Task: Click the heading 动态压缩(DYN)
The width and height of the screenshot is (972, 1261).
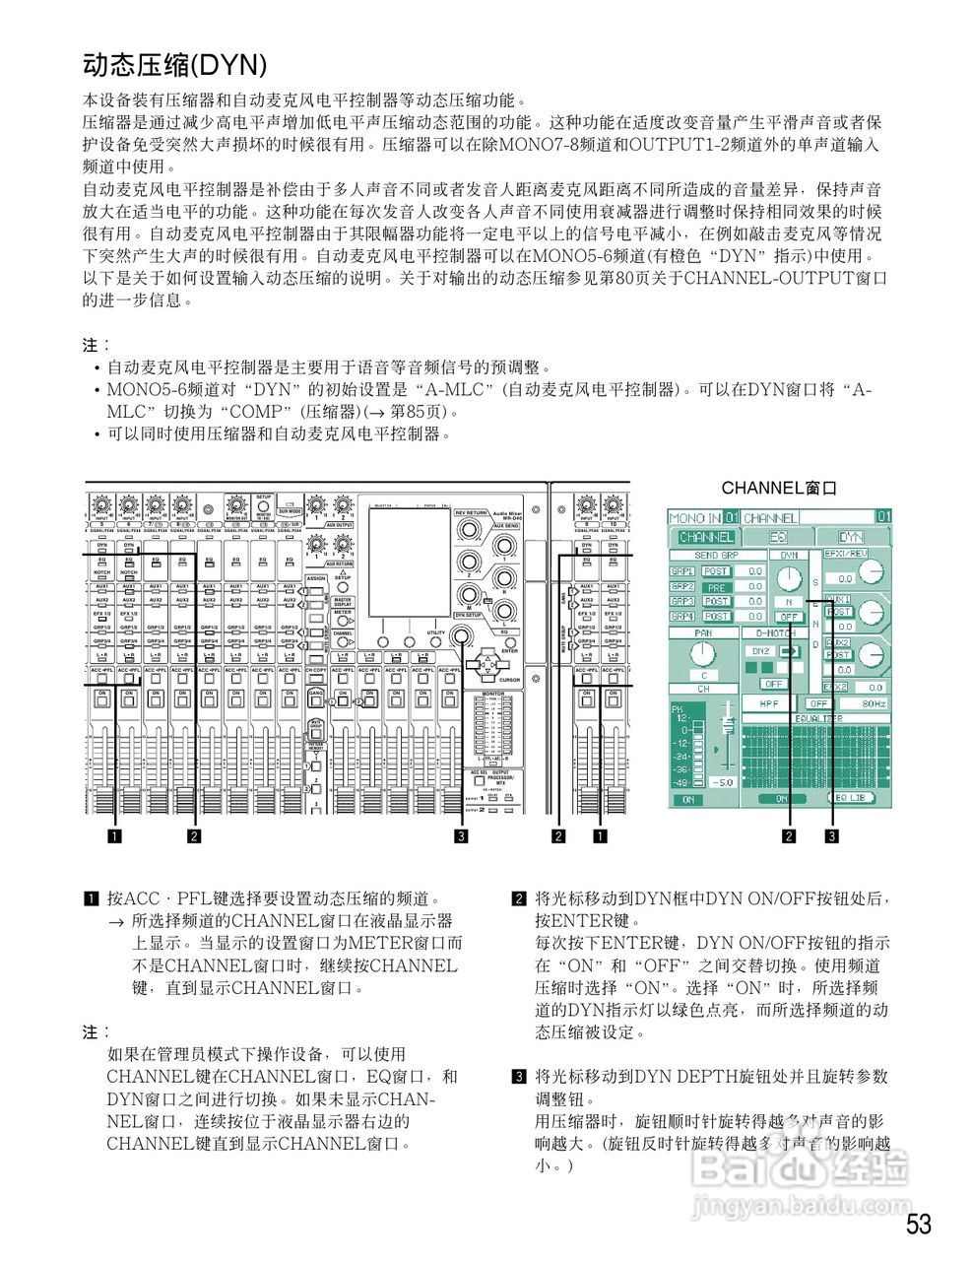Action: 174,65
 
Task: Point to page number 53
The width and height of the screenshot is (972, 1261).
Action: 918,1224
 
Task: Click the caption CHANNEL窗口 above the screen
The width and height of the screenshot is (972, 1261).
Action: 778,488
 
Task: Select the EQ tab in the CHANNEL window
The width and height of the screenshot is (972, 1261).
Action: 778,537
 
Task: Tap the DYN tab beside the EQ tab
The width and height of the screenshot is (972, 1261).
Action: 851,537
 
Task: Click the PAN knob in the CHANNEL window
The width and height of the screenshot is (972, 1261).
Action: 702,653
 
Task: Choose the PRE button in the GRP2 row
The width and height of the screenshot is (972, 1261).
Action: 716,586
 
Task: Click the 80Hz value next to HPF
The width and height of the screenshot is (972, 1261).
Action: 874,703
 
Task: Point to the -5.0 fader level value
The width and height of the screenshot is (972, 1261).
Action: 724,781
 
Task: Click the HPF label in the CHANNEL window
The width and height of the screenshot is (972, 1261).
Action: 769,703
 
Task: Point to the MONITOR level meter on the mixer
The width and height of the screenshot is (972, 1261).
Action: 492,729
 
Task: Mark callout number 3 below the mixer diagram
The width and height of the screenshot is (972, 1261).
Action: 460,836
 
